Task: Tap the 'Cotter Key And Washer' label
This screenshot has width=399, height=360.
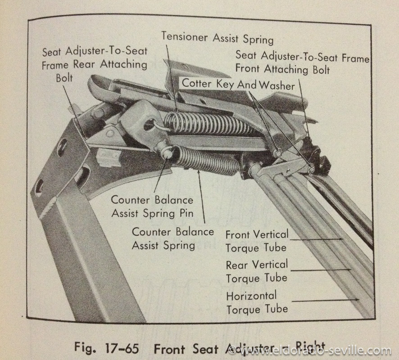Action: tap(238, 84)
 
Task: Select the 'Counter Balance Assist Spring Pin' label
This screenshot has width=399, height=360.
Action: tap(152, 206)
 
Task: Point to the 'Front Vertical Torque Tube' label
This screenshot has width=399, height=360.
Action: tap(256, 241)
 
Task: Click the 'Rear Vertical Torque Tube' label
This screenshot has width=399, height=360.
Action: tap(257, 271)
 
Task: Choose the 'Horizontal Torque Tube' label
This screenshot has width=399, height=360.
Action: tap(257, 302)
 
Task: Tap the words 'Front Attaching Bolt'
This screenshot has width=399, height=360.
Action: tap(283, 70)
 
